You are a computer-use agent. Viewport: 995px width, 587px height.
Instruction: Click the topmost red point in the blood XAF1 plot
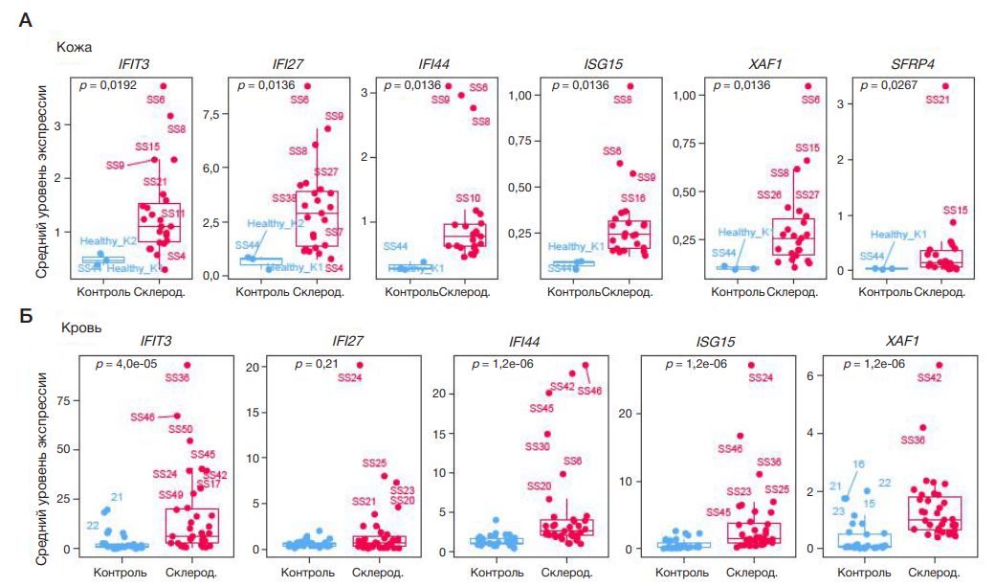(x=939, y=365)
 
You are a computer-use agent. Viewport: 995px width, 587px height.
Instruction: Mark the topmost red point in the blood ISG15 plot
(x=751, y=365)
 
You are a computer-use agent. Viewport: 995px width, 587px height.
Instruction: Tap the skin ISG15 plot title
(x=603, y=64)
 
